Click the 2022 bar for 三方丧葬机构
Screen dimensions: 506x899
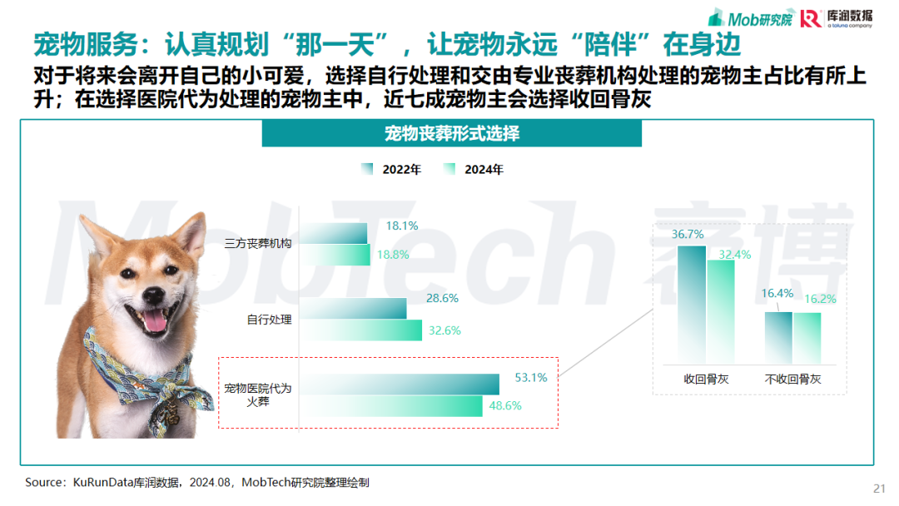(x=333, y=233)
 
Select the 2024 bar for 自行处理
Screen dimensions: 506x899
(x=360, y=330)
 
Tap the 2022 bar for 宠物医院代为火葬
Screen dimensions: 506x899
(x=400, y=384)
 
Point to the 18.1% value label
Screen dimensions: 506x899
(x=402, y=226)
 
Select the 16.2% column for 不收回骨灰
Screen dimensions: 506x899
(x=807, y=338)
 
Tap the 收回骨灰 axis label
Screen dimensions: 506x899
(x=706, y=379)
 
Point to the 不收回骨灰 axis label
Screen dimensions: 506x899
(x=792, y=379)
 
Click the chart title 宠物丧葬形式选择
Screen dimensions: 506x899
(x=452, y=134)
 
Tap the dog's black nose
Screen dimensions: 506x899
(x=153, y=295)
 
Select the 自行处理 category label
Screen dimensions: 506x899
(x=269, y=320)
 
